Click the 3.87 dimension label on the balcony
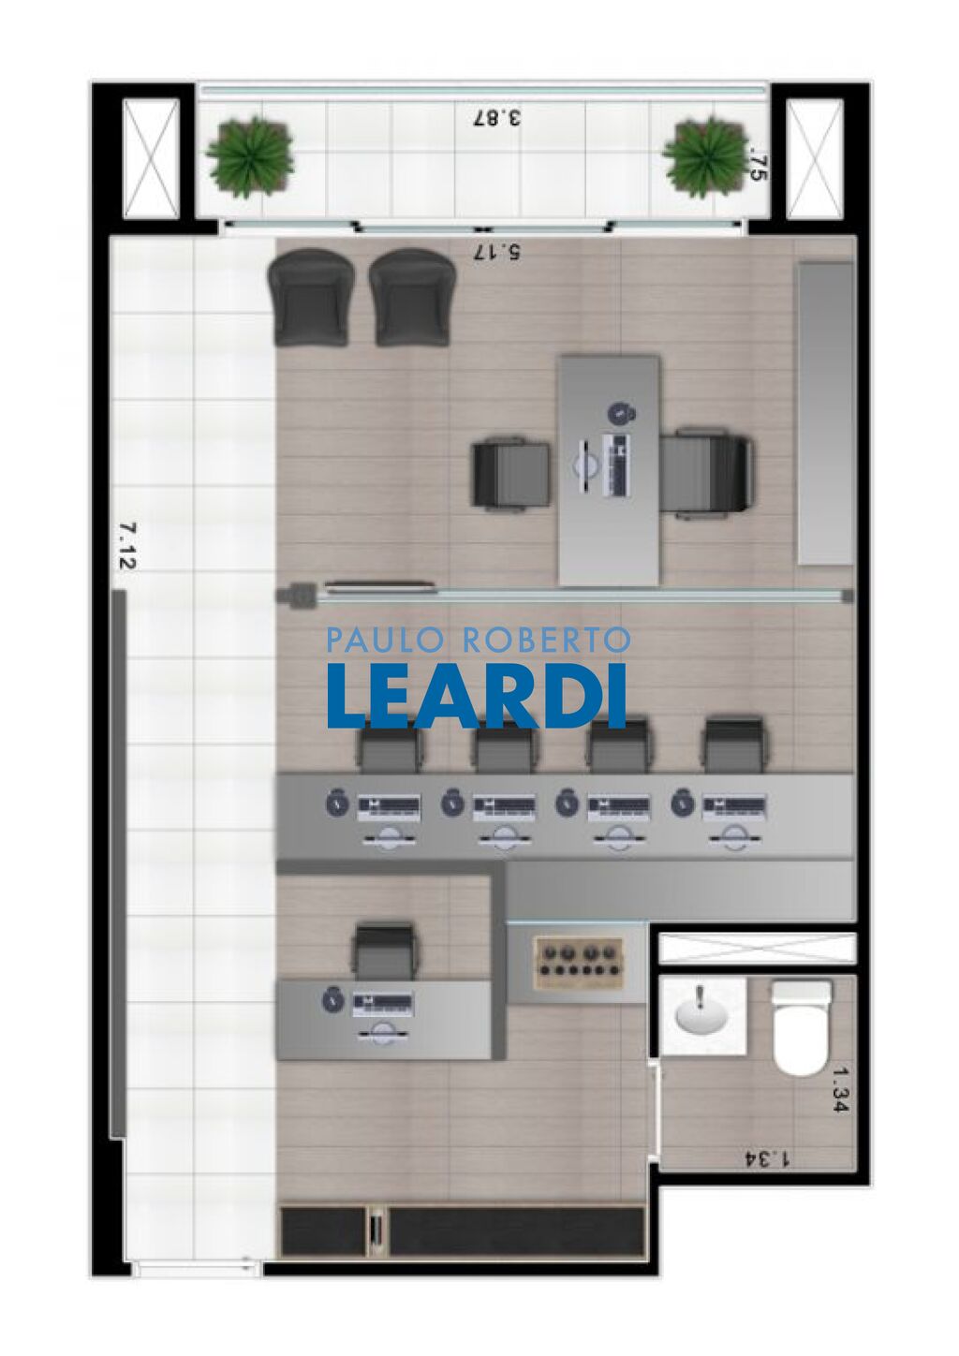click(x=496, y=117)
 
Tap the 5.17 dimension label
click(x=496, y=251)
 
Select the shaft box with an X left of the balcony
click(x=151, y=158)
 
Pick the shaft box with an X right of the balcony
click(x=815, y=158)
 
